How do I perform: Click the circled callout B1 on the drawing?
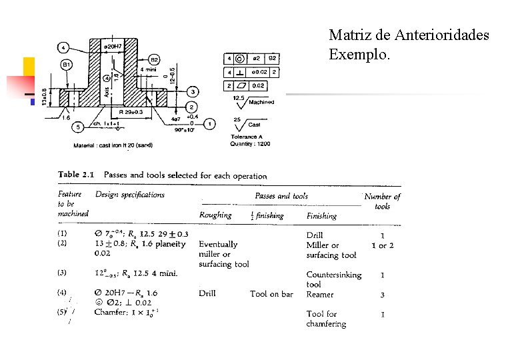pyautogui.click(x=66, y=65)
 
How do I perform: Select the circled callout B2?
pyautogui.click(x=153, y=59)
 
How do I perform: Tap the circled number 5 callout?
pyautogui.click(x=78, y=126)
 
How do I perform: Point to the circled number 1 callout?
pyautogui.click(x=210, y=123)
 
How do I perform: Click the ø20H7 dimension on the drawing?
pyautogui.click(x=113, y=46)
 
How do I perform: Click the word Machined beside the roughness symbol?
pyautogui.click(x=261, y=102)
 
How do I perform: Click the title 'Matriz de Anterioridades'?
pyautogui.click(x=409, y=35)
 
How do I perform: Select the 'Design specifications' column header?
pyautogui.click(x=130, y=195)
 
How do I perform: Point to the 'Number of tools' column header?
pyautogui.click(x=383, y=201)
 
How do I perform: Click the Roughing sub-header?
pyautogui.click(x=215, y=215)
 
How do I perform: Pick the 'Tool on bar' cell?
pyautogui.click(x=271, y=293)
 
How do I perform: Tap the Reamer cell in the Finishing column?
pyautogui.click(x=319, y=293)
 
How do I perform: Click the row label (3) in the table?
pyautogui.click(x=62, y=273)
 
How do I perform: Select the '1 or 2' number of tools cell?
pyautogui.click(x=383, y=245)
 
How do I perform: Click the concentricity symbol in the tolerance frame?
pyautogui.click(x=239, y=59)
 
